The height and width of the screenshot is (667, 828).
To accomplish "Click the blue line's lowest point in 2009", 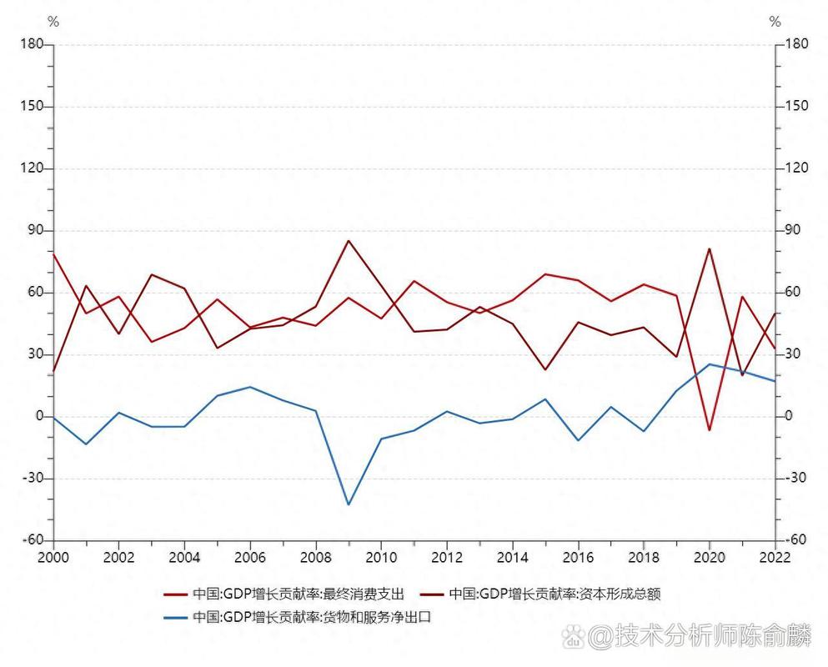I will point(349,504).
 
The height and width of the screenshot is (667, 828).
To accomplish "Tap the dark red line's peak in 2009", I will point(349,241).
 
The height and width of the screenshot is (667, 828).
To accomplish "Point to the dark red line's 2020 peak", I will point(710,248).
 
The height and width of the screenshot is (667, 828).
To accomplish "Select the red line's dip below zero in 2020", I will point(710,430).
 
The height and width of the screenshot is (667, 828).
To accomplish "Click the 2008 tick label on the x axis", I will point(315,557).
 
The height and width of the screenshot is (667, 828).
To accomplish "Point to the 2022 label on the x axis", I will point(775,557).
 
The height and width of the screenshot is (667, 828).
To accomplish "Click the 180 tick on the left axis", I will point(32,44).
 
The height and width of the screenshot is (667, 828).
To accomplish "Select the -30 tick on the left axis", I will point(32,479).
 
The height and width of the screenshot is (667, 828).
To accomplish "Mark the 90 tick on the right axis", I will point(795,231).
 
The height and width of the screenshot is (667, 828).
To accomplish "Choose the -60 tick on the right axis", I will point(795,540).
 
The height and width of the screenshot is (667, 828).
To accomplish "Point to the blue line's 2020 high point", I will point(710,364).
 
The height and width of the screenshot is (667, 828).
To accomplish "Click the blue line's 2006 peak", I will point(250,387).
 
